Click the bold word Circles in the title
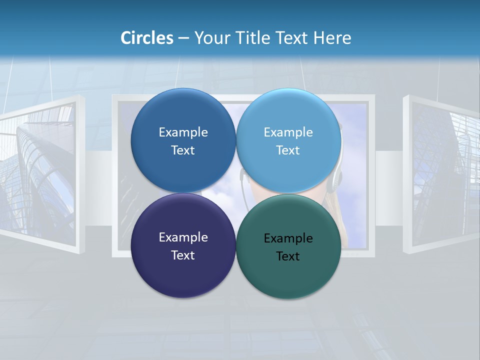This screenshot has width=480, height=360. click(x=146, y=38)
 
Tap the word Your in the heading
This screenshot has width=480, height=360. click(x=211, y=38)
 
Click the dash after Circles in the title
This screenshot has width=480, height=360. click(x=183, y=38)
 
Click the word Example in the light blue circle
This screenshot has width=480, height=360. click(x=288, y=132)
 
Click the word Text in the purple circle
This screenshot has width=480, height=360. click(x=183, y=255)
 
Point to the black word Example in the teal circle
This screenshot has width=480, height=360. click(x=288, y=238)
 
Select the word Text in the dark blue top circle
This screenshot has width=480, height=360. click(x=183, y=150)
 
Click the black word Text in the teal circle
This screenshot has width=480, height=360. click(x=288, y=256)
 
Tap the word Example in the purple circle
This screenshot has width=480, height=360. click(x=183, y=237)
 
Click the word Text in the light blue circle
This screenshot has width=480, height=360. click(x=288, y=150)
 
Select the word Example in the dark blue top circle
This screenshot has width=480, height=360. click(x=183, y=132)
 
